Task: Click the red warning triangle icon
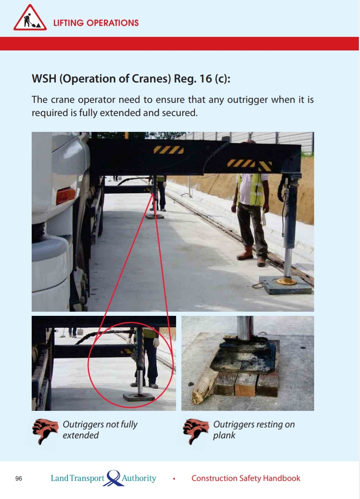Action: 30,18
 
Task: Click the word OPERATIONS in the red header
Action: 112,23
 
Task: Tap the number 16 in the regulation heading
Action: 205,79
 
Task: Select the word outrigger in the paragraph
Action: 247,99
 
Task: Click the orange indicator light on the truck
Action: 66,196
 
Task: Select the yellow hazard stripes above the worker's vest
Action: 250,165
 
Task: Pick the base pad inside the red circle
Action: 139,397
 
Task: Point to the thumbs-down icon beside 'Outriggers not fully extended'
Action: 45,431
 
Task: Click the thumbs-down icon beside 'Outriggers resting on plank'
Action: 196,431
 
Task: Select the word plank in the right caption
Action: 224,436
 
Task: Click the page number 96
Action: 19,479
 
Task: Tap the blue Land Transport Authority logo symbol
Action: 113,478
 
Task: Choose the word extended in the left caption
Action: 81,435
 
